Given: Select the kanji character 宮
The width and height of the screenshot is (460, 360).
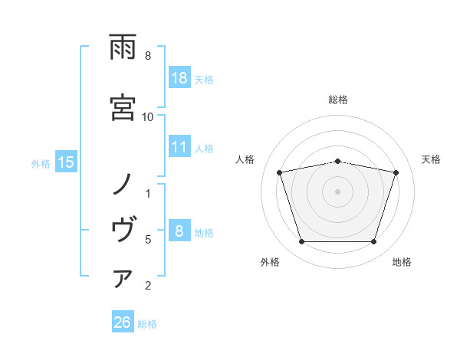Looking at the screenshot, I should point(123,106).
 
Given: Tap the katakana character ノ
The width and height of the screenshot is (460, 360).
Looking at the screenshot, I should point(123,185).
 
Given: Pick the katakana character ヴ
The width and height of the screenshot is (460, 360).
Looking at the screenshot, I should point(123,229).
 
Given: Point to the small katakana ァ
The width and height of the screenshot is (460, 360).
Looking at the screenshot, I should point(123,280).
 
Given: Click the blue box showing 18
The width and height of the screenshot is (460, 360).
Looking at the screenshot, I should point(179,78).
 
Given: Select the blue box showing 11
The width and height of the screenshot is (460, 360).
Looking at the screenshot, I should point(179,148).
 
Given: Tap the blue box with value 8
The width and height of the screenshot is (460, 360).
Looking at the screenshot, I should point(179,232).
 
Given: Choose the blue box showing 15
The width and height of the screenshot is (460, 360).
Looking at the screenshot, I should point(67,162).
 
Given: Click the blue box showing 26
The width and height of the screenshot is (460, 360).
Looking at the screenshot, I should point(122,323).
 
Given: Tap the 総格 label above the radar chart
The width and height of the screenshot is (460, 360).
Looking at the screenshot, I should point(337,100).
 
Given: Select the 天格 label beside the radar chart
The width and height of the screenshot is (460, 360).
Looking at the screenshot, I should point(431,159).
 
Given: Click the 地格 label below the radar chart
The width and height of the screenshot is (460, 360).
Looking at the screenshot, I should point(402,262).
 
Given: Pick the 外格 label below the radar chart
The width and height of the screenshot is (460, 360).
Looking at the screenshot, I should point(270,262).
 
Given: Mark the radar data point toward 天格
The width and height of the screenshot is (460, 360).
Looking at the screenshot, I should point(396,172).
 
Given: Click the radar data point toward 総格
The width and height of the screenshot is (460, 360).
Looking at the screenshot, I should point(337,161).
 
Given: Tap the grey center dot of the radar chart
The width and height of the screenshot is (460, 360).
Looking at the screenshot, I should point(337,191).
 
